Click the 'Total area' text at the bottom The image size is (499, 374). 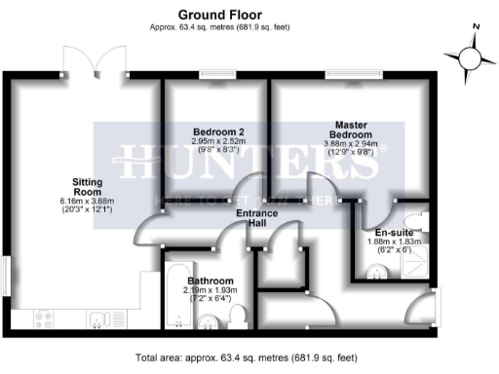point(249,356)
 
